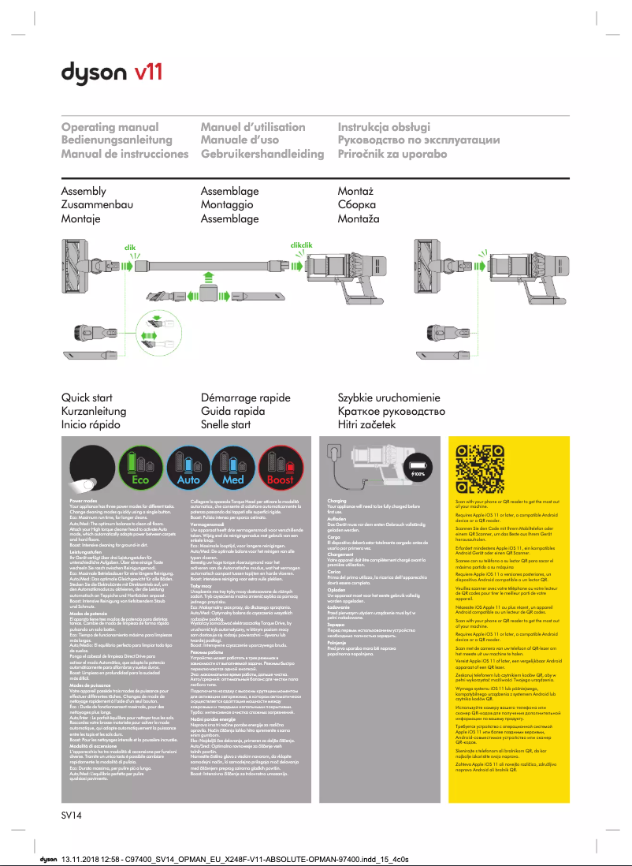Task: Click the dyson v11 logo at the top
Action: pyautogui.click(x=112, y=73)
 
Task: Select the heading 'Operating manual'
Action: pyautogui.click(x=110, y=127)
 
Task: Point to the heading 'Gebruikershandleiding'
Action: pyautogui.click(x=262, y=153)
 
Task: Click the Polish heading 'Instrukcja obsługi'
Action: pyautogui.click(x=384, y=127)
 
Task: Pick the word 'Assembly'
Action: pyautogui.click(x=84, y=192)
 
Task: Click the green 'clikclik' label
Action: pyautogui.click(x=302, y=245)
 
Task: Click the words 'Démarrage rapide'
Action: pyautogui.click(x=246, y=398)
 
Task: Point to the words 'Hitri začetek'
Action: pyautogui.click(x=366, y=425)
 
